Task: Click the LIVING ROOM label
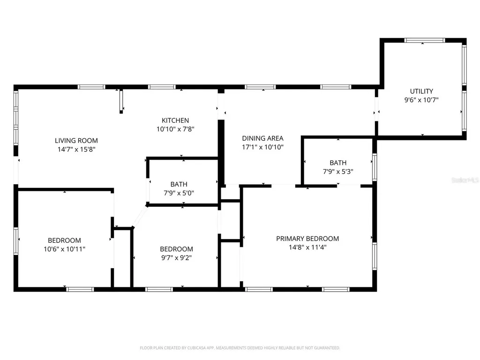(76, 141)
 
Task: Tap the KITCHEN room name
(175, 120)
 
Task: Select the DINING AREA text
(262, 138)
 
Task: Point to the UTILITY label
(421, 91)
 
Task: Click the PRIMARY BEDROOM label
(307, 239)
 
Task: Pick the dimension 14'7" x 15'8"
(76, 150)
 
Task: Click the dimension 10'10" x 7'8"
(175, 129)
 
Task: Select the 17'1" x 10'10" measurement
(262, 147)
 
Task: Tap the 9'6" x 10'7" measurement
(421, 100)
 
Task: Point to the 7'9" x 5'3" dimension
(338, 172)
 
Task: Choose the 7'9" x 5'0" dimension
(179, 193)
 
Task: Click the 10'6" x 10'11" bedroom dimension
(64, 249)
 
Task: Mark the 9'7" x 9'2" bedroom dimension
(176, 258)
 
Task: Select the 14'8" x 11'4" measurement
(307, 247)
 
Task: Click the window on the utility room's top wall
(424, 40)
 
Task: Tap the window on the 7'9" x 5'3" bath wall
(375, 167)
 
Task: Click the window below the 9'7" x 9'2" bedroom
(159, 289)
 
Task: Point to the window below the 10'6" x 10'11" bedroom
(80, 289)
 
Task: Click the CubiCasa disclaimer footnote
(240, 348)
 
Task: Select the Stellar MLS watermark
(465, 180)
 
